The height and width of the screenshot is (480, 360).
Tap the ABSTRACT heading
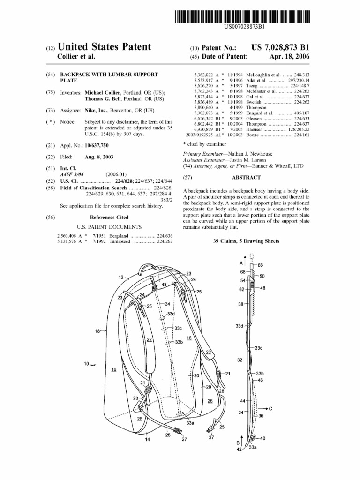pyautogui.click(x=246, y=178)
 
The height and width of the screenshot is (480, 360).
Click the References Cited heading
pyautogui.click(x=109, y=217)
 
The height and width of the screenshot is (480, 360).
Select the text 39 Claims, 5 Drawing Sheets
pyautogui.click(x=246, y=241)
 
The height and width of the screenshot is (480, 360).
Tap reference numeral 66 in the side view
pyautogui.click(x=261, y=266)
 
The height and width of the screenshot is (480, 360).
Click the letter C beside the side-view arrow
pyautogui.click(x=270, y=408)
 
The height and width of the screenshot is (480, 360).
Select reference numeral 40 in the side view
pyautogui.click(x=262, y=438)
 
